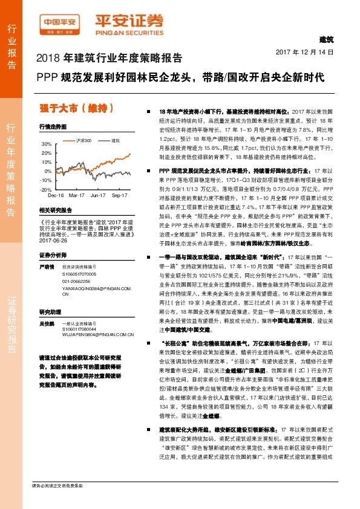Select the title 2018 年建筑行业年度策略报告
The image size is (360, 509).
click(110, 59)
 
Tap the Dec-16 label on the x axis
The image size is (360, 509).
click(56, 196)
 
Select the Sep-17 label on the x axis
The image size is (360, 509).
click(119, 196)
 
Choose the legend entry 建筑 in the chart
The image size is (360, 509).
click(113, 140)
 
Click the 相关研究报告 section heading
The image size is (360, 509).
click(55, 210)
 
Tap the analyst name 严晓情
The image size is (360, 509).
click(47, 266)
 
